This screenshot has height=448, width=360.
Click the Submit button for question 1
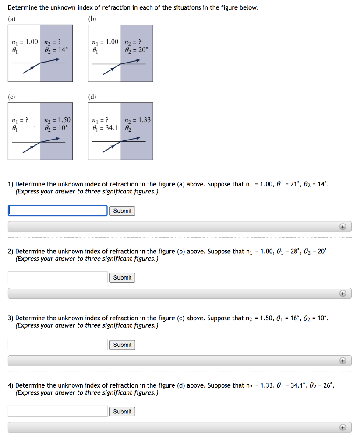tap(122, 211)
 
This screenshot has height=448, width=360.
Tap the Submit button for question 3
tap(122, 345)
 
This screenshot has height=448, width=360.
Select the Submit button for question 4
tap(122, 412)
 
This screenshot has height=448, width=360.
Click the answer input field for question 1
tap(57, 210)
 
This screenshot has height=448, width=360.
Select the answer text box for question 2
tap(57, 277)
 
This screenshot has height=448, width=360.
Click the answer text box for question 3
tap(57, 345)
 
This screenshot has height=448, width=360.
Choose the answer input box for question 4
tap(57, 411)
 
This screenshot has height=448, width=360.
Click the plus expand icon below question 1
tap(343, 227)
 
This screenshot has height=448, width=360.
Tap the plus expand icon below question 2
tap(343, 294)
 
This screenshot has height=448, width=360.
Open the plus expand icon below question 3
tap(343, 361)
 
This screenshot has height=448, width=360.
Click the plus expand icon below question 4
tap(343, 427)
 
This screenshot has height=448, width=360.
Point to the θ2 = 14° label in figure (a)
tap(56, 50)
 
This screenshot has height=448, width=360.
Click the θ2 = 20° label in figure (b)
tap(137, 50)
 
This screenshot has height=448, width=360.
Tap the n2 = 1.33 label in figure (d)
tap(138, 120)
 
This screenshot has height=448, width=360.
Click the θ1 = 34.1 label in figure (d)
tap(105, 128)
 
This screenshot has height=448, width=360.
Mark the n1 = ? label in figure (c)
tap(21, 120)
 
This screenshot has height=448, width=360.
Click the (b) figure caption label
tap(92, 19)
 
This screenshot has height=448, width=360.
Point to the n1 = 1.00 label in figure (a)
tap(25, 42)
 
